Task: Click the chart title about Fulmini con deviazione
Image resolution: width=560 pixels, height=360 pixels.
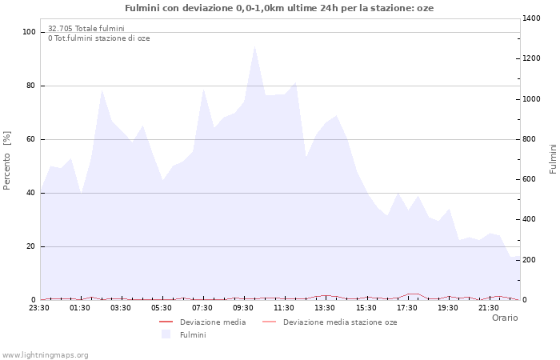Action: [279, 8]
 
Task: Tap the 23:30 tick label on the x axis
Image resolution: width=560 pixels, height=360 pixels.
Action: [40, 307]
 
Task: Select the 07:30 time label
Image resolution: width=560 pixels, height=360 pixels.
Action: [203, 307]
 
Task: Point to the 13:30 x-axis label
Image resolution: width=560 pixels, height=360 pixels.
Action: [326, 307]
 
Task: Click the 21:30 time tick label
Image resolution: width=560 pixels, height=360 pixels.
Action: [489, 307]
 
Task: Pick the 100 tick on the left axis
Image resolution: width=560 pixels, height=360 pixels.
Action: [30, 32]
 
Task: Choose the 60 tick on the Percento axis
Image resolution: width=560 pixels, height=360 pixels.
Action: [31, 139]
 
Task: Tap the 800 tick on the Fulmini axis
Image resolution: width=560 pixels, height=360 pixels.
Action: [531, 139]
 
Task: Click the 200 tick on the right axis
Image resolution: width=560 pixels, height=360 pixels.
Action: [531, 260]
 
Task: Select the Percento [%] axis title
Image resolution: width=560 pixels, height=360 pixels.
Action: [7, 161]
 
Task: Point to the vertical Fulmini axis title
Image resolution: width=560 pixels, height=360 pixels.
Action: [553, 158]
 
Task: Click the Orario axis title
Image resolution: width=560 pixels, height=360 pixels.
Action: [504, 318]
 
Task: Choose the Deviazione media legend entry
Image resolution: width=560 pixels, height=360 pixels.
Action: [212, 322]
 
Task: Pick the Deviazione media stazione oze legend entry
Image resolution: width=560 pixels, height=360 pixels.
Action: [339, 322]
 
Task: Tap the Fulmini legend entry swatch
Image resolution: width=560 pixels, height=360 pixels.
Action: [166, 334]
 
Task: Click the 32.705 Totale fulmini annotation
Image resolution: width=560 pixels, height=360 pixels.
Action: [86, 28]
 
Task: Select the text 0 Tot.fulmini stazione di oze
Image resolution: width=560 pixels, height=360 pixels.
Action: [98, 38]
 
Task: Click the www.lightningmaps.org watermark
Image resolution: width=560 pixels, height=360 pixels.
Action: [45, 354]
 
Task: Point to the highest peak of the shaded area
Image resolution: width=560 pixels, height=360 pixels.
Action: [254, 45]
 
